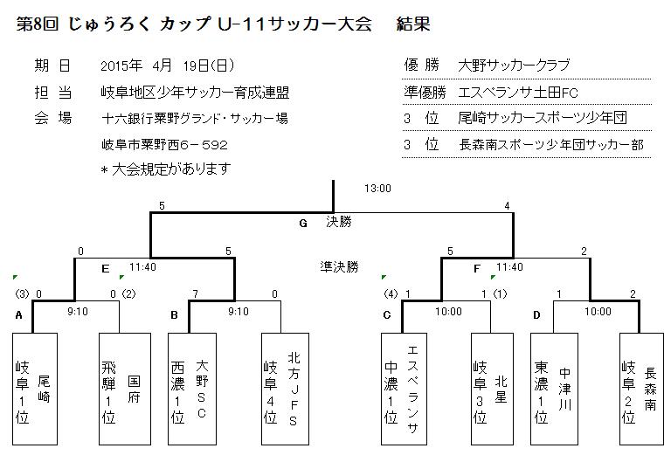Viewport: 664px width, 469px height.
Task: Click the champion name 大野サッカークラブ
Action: click(514, 66)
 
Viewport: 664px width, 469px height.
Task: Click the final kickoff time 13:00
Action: click(378, 188)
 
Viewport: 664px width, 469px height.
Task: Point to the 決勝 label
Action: click(339, 223)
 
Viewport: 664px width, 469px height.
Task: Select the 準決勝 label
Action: click(339, 267)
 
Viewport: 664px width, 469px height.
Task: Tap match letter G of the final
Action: click(303, 224)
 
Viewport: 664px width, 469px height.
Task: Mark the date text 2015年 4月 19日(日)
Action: click(167, 66)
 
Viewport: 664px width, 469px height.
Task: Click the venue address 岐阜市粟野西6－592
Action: click(164, 144)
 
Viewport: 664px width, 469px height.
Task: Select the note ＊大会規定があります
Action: click(165, 169)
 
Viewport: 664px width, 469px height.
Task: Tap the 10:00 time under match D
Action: click(598, 312)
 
